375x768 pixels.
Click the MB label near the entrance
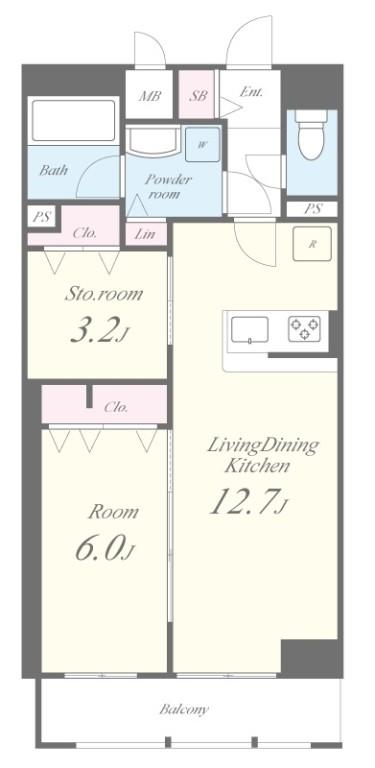(150, 97)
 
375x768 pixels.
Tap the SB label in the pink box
(198, 97)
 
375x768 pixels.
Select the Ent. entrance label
(251, 92)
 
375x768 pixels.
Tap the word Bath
(54, 170)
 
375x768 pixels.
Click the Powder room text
(166, 186)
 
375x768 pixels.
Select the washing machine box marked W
(202, 144)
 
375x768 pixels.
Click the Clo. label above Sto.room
(85, 233)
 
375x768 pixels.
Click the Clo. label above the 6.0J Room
(115, 407)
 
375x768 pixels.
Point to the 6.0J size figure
(104, 549)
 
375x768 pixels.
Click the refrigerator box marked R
(311, 243)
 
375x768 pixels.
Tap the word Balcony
(184, 709)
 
